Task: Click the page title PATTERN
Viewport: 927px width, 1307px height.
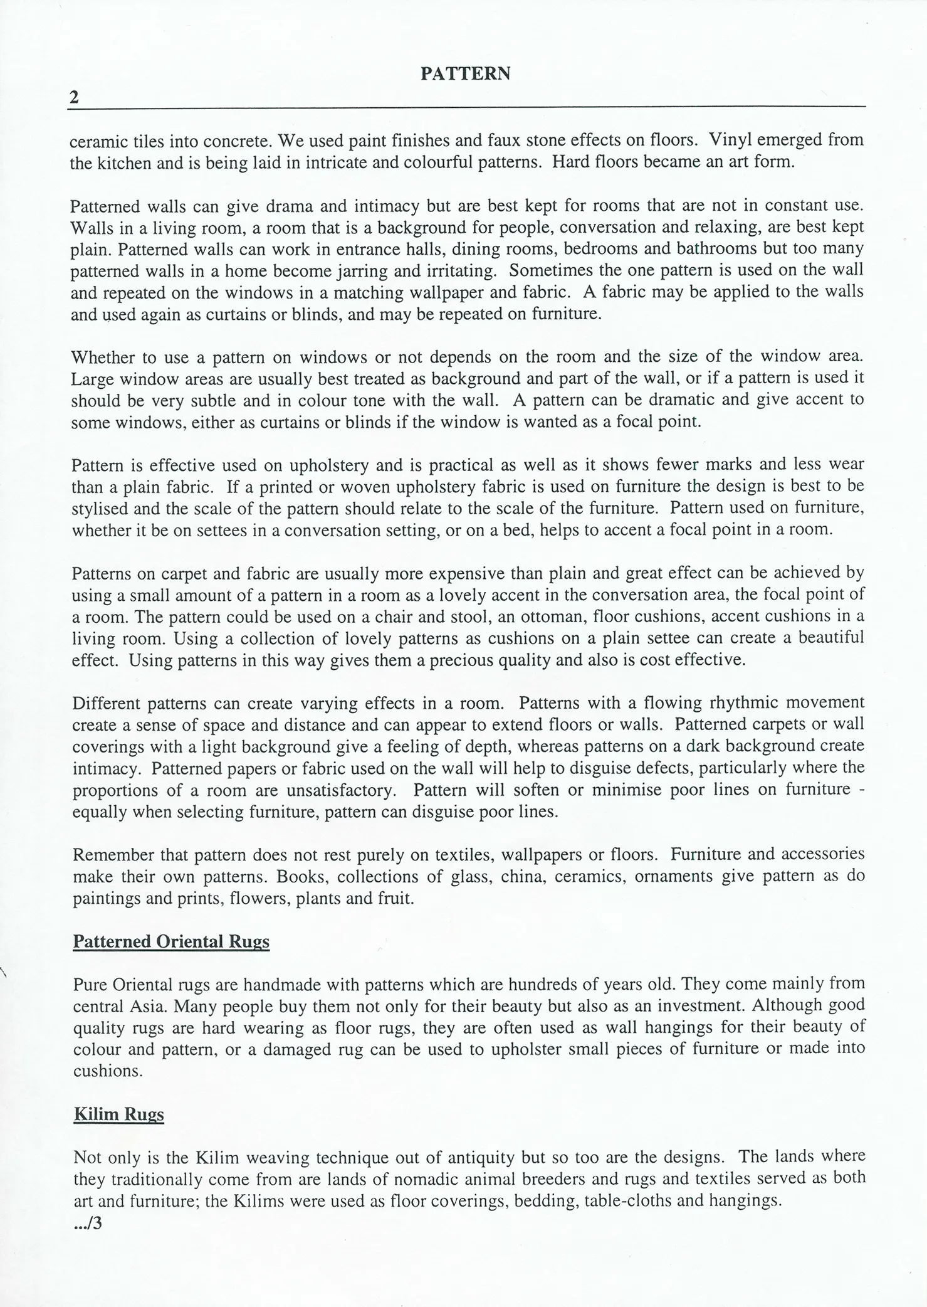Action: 465,74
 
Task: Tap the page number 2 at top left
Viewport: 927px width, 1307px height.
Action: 75,97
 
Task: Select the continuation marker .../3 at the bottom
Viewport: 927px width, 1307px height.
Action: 87,1223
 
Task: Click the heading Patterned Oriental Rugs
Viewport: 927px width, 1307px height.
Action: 171,941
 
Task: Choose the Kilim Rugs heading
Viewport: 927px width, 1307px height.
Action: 118,1114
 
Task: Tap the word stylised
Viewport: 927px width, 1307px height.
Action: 103,508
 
